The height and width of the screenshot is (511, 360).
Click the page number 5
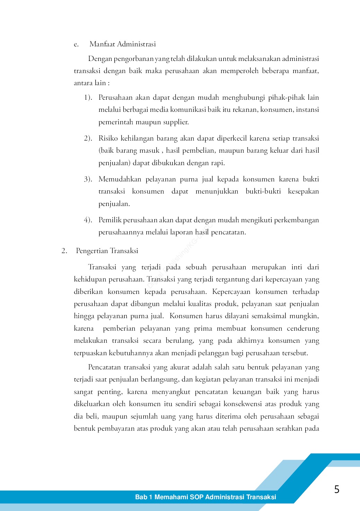click(x=336, y=489)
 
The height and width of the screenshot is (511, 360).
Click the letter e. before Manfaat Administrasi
click(x=76, y=44)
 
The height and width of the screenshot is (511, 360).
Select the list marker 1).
click(x=88, y=97)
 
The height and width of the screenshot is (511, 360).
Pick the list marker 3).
click(x=88, y=179)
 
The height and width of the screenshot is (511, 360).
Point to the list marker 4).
click(x=88, y=220)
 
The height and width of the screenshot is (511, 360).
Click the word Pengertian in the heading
click(x=92, y=251)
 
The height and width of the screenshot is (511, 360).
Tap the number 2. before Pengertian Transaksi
click(x=64, y=251)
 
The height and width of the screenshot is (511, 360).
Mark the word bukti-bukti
click(x=263, y=191)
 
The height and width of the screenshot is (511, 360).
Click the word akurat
click(x=180, y=367)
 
